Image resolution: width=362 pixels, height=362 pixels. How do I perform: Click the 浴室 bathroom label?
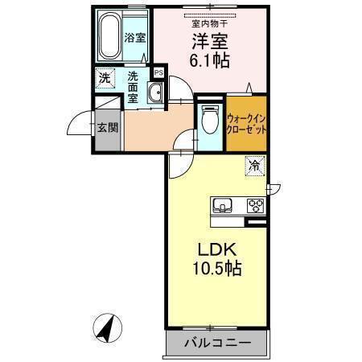134,38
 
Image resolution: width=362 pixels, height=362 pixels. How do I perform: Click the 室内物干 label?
208,23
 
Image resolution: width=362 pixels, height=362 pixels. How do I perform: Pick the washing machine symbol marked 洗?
105,79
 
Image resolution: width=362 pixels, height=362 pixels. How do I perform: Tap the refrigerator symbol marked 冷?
253,167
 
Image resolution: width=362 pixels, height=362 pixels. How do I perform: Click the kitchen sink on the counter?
223,205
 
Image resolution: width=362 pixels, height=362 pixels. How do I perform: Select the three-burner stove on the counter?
256,204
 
